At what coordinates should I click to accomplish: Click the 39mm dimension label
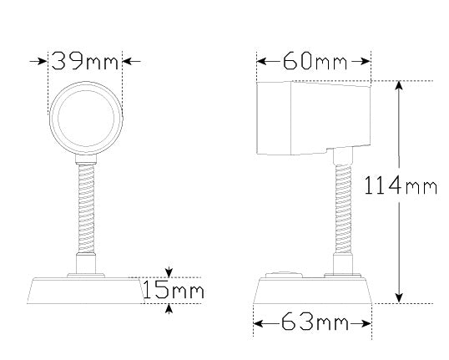[85, 61]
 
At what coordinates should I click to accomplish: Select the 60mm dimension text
[313, 61]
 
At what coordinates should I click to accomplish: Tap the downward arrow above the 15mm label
[170, 272]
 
